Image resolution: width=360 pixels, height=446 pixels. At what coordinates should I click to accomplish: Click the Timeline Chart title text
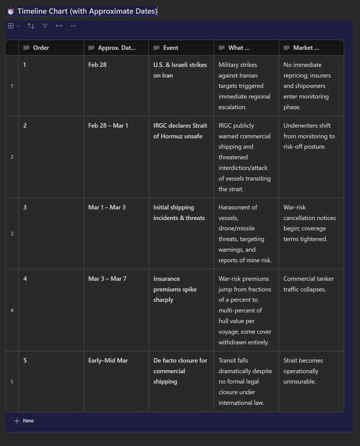87,11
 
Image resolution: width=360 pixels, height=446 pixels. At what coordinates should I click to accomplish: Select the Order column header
40,48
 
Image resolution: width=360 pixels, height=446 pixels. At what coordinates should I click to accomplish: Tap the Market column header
306,48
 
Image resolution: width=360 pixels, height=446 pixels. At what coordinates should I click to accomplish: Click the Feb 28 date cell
98,65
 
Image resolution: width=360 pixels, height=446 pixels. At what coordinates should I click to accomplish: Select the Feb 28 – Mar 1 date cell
108,125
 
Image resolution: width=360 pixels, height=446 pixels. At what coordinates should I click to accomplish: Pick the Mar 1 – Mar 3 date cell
107,208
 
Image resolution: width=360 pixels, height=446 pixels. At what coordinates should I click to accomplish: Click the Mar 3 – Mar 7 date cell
107,279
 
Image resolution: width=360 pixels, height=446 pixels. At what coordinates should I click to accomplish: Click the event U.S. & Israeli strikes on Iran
180,70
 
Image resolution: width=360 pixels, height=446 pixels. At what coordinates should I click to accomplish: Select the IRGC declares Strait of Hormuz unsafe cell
180,131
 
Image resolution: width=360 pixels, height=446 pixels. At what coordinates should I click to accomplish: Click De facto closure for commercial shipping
180,371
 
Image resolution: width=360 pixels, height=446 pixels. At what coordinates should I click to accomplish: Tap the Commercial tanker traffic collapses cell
308,284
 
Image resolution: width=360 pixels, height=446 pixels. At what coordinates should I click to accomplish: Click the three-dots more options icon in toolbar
73,26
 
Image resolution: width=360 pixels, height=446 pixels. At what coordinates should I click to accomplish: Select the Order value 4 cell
25,279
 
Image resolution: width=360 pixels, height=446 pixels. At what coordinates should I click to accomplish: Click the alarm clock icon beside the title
10,11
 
